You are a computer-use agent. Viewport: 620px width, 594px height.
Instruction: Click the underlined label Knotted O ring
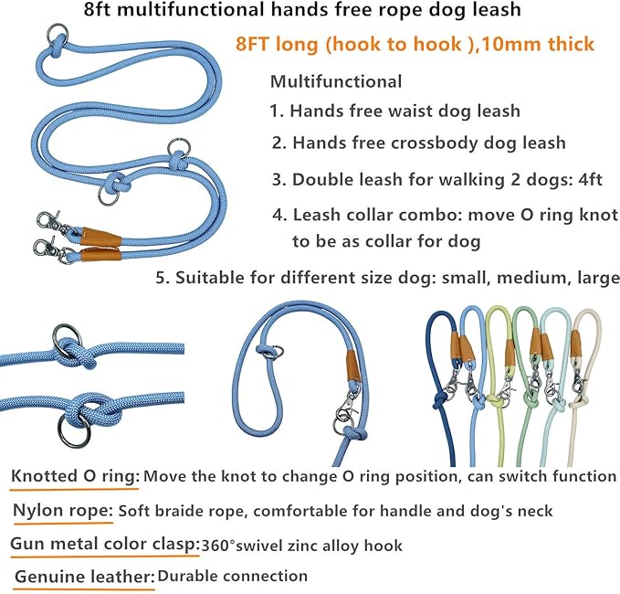76,476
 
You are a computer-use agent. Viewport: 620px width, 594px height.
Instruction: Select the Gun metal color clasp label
105,544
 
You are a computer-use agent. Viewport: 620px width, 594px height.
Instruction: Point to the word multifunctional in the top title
181,12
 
